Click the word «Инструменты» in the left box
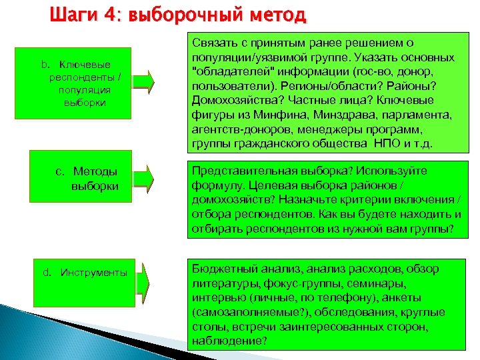(x=93, y=273)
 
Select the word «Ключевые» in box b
(x=85, y=65)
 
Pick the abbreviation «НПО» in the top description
(x=383, y=144)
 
